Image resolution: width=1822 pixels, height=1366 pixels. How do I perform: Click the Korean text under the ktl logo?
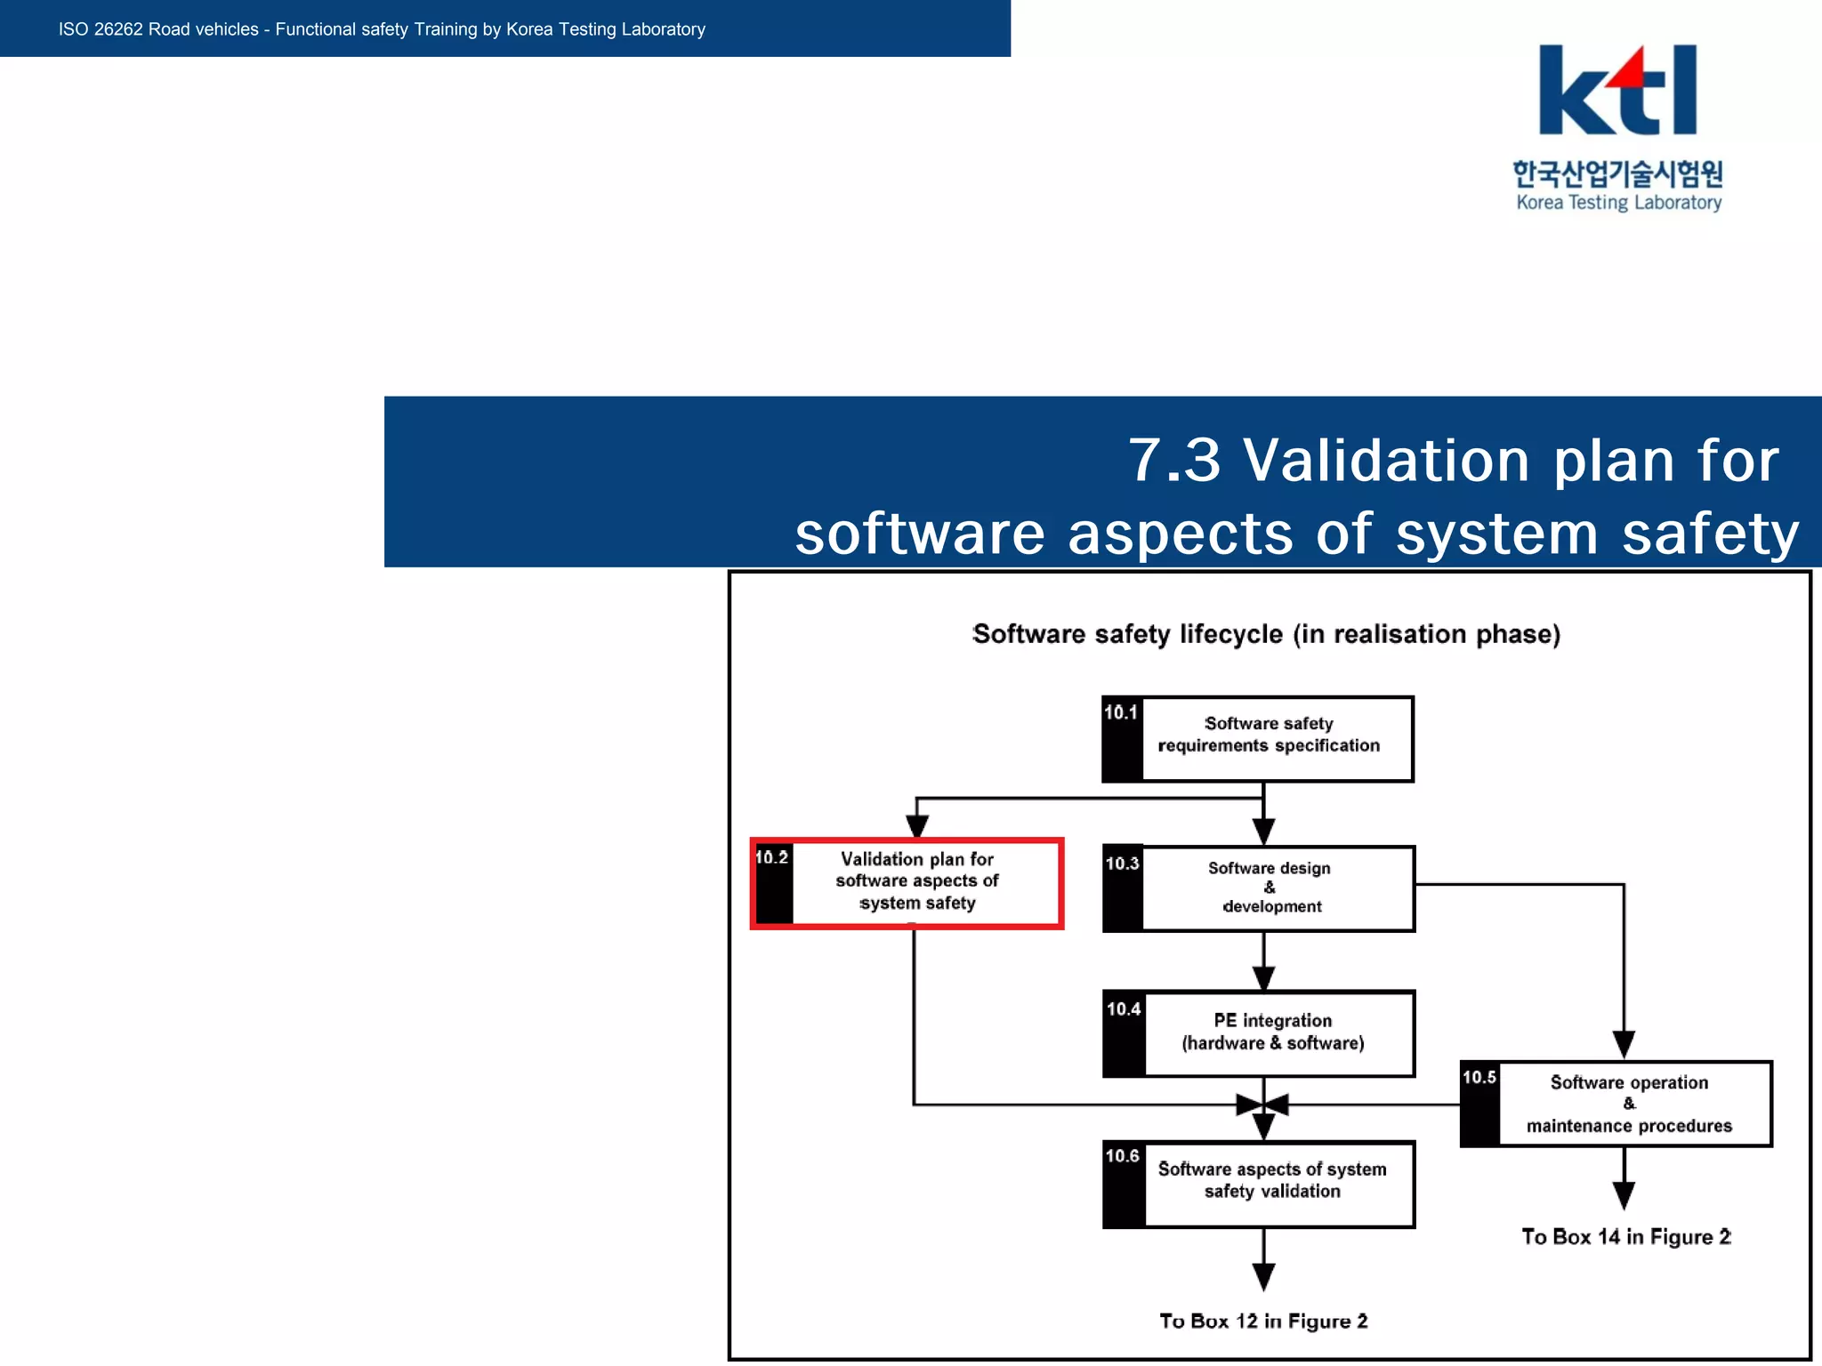pyautogui.click(x=1617, y=173)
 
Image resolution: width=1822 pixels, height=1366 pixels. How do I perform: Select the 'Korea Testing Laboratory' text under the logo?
pyautogui.click(x=1618, y=203)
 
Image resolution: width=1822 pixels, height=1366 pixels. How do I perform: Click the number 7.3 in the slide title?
pyautogui.click(x=1174, y=461)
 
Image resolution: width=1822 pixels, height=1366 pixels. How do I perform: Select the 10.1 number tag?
pyautogui.click(x=1121, y=713)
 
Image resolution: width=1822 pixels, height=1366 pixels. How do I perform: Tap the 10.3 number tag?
pyautogui.click(x=1122, y=864)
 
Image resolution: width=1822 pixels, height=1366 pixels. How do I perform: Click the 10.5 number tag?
pyautogui.click(x=1479, y=1078)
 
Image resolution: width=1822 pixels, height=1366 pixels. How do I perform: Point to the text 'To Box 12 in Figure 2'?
pyautogui.click(x=1263, y=1322)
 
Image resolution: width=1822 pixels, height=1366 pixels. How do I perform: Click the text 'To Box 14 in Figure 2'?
pyautogui.click(x=1625, y=1237)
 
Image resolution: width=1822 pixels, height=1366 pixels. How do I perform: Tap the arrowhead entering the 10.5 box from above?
pyautogui.click(x=1624, y=1044)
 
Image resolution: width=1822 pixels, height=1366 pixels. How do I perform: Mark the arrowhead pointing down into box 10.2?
pyautogui.click(x=917, y=826)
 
